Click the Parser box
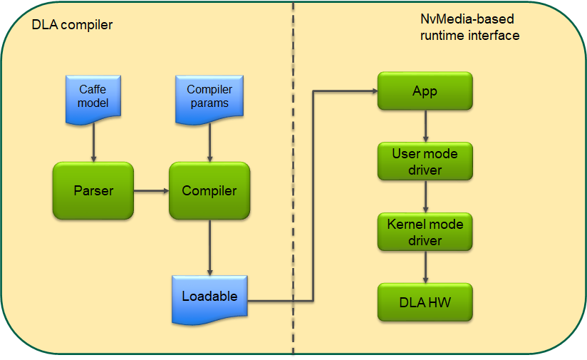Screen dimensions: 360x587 pyautogui.click(x=93, y=190)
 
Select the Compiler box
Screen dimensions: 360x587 pyautogui.click(x=209, y=190)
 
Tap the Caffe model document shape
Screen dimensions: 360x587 pyautogui.click(x=93, y=98)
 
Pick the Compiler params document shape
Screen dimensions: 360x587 pyautogui.click(x=209, y=98)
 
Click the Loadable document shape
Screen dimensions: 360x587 pyautogui.click(x=209, y=297)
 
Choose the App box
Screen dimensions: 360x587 pyautogui.click(x=425, y=91)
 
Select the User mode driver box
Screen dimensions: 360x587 pyautogui.click(x=425, y=161)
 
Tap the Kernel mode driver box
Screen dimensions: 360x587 pyautogui.click(x=425, y=232)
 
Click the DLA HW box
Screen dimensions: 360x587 pyautogui.click(x=425, y=302)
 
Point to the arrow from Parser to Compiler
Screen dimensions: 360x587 pyautogui.click(x=151, y=190)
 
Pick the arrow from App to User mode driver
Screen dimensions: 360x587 pyautogui.click(x=425, y=126)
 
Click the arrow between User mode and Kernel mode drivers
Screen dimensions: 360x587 pyautogui.click(x=425, y=197)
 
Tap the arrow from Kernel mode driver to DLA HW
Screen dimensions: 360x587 pyautogui.click(x=425, y=267)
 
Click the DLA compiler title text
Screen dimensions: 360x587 pyautogui.click(x=72, y=25)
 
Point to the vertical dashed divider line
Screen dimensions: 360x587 pyautogui.click(x=293, y=178)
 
